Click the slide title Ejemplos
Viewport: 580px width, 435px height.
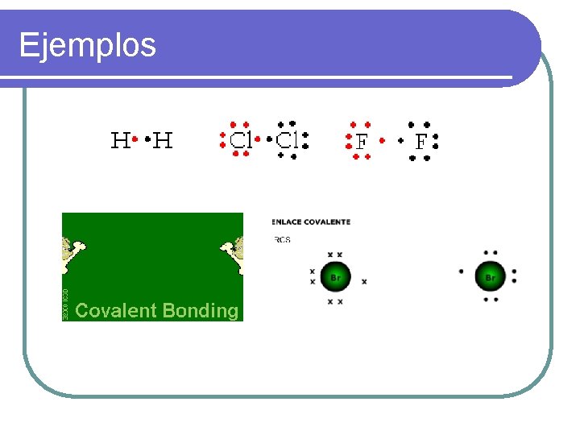click(x=87, y=45)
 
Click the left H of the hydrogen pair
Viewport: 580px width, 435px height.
click(x=120, y=141)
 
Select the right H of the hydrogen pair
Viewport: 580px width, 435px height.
click(x=163, y=141)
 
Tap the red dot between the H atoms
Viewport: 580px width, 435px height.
click(x=135, y=139)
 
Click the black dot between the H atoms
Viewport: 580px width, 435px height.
click(x=147, y=139)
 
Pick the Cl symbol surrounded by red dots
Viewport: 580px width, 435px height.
click(x=240, y=141)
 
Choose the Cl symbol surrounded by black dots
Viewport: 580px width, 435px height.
click(x=287, y=141)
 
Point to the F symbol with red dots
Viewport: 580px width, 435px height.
click(x=362, y=142)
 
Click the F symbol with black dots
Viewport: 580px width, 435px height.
click(x=420, y=142)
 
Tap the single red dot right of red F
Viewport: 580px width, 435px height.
click(x=382, y=139)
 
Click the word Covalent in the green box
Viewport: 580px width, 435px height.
click(x=116, y=311)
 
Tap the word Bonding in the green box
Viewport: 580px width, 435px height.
click(x=201, y=311)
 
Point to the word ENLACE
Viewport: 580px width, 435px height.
click(x=287, y=222)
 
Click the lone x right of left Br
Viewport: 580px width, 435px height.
click(x=364, y=281)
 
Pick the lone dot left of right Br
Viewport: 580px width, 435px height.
click(x=461, y=271)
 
